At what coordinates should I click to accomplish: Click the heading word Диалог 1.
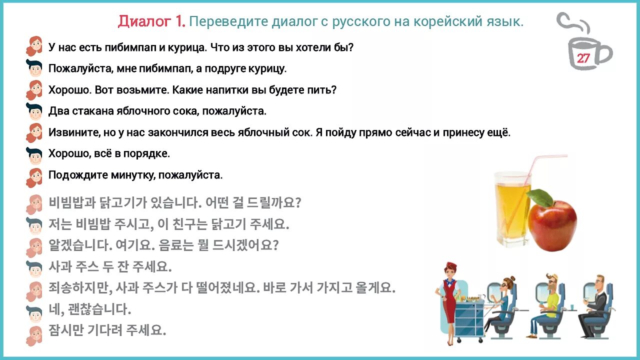pos(151,21)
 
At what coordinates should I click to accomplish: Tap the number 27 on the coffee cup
pos(583,58)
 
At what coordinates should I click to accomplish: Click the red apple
pos(552,225)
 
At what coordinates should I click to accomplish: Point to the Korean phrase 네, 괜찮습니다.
pos(89,309)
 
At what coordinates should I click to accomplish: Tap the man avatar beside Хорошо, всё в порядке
pos(34,155)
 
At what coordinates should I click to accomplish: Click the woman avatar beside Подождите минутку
pos(34,176)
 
